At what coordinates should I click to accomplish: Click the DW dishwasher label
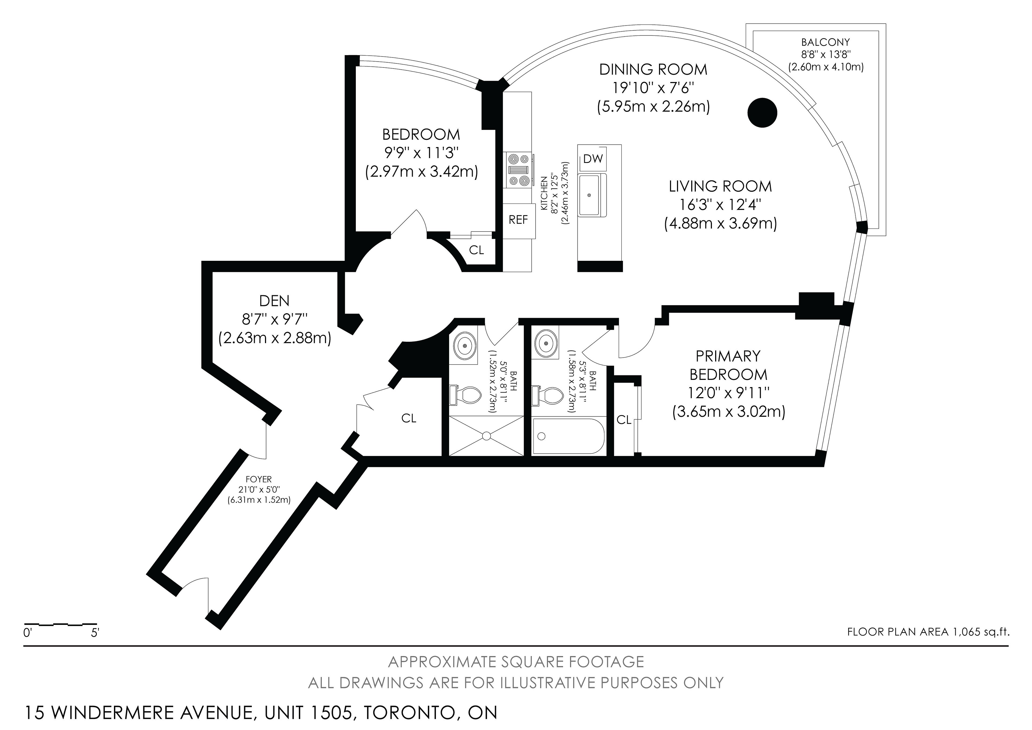[x=593, y=159]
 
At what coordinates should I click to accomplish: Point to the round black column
[x=762, y=112]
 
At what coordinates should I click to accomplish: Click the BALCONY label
[x=826, y=42]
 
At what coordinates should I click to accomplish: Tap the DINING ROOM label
[x=653, y=69]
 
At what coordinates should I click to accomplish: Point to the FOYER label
[x=259, y=479]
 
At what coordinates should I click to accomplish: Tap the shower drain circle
[x=486, y=435]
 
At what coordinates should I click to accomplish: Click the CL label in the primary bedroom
[x=624, y=420]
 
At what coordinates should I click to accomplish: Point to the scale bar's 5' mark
[x=95, y=633]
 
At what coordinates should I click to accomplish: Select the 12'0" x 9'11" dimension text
[x=729, y=393]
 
